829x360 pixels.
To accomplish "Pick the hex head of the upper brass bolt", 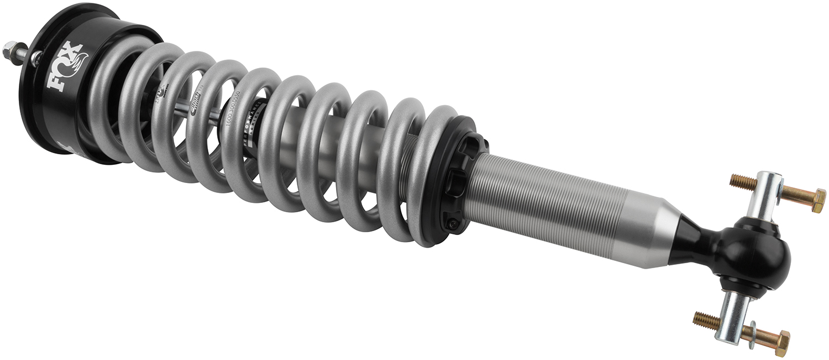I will click(816, 200).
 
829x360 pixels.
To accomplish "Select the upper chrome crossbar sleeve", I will click(766, 194).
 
